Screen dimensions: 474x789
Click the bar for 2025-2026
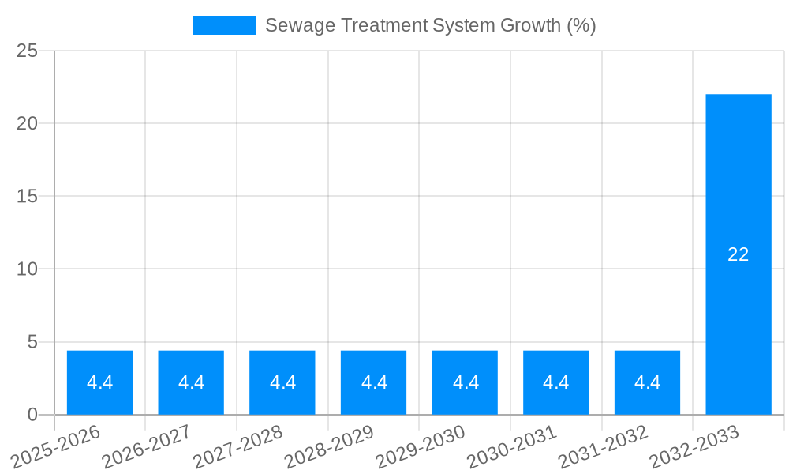(x=99, y=382)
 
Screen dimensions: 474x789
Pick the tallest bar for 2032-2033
(x=739, y=197)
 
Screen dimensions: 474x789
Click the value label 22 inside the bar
(x=739, y=254)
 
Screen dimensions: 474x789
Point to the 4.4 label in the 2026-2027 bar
(x=191, y=382)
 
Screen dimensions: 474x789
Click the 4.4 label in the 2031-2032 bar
(x=647, y=382)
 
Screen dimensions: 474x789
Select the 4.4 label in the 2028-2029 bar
(x=374, y=382)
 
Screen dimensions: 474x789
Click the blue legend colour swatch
(x=224, y=25)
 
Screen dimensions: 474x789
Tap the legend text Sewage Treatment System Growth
(x=430, y=25)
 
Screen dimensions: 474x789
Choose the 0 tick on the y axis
(x=32, y=415)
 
